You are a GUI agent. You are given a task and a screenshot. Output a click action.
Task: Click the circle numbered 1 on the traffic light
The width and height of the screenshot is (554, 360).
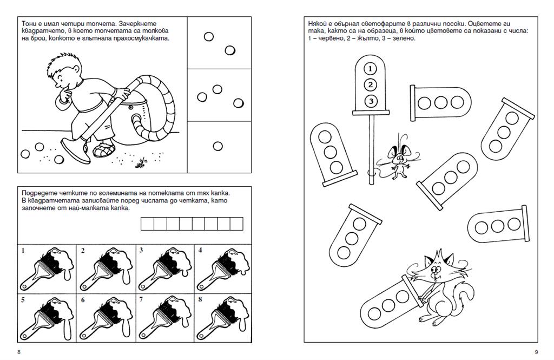pos(370,69)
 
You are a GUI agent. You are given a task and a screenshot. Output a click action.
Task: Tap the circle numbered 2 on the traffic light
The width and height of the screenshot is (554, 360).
pos(370,84)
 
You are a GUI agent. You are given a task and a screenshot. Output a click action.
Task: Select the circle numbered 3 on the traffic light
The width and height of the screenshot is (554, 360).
pos(370,101)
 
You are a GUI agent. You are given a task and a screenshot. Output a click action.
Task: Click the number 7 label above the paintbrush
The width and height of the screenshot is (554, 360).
pos(141,299)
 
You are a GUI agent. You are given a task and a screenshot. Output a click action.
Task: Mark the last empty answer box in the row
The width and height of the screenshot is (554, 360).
pos(236,224)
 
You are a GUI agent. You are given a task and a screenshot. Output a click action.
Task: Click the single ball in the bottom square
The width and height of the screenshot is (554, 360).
pos(217,146)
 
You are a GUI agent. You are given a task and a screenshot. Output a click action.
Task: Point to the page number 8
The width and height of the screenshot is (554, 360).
pos(19,352)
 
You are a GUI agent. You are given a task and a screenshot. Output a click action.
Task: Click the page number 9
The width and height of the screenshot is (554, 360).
pos(536,352)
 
